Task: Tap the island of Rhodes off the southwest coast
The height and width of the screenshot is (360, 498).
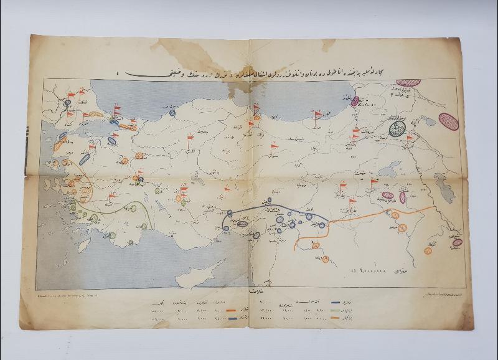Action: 107,235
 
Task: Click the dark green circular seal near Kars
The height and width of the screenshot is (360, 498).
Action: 397,129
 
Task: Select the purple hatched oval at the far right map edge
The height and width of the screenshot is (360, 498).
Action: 448,121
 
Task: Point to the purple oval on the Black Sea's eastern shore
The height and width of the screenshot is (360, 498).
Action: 355,101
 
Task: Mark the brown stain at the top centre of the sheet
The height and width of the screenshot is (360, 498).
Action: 187,49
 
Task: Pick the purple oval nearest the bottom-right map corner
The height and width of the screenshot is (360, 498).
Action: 458,242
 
